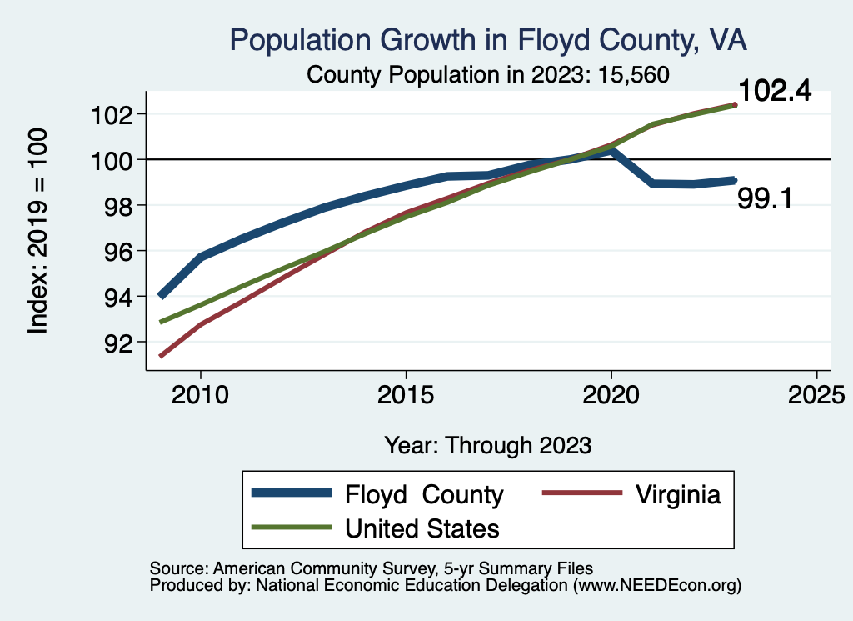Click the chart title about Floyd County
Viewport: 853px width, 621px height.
(488, 41)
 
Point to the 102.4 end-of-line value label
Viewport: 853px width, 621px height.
(775, 92)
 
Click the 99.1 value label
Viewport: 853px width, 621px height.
(764, 198)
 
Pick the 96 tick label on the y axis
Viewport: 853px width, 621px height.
(115, 251)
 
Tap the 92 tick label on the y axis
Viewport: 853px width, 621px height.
(115, 343)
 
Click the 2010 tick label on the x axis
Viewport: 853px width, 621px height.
(201, 395)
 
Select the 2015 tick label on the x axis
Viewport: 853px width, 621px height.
(406, 395)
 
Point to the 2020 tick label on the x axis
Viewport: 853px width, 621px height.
(611, 395)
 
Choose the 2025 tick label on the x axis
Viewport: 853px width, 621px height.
(816, 395)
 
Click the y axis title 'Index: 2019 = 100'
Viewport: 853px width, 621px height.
(38, 231)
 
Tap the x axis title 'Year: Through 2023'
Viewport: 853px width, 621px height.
(488, 445)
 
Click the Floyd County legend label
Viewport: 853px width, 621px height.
(424, 495)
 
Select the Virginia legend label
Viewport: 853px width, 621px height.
(677, 494)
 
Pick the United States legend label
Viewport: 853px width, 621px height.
(422, 528)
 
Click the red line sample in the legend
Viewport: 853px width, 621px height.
(582, 494)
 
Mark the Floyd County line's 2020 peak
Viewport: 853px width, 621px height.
(611, 151)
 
